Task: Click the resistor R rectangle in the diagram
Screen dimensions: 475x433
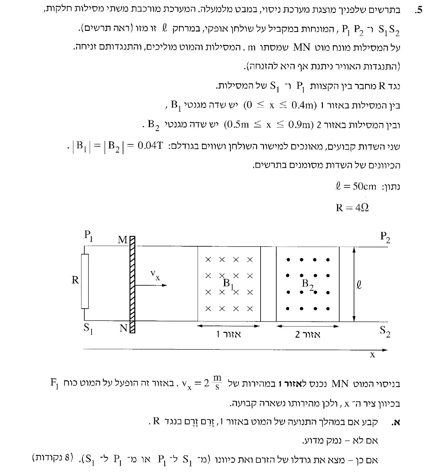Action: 85,281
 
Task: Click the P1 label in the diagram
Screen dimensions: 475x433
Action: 88,236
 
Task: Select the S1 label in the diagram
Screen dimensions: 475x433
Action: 88,328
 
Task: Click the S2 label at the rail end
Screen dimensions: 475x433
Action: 385,331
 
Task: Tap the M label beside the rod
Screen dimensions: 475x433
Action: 122,240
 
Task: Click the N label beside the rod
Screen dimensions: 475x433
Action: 123,328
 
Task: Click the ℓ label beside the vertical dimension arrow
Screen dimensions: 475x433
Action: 359,285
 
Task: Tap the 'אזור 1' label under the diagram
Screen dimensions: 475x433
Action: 228,334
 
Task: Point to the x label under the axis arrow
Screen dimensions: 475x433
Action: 373,355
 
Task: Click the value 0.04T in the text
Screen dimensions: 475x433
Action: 150,146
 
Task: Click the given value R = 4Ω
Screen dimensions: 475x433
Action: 352,208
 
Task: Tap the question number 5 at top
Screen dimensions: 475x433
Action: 418,11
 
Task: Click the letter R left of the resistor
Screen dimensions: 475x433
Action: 75,280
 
